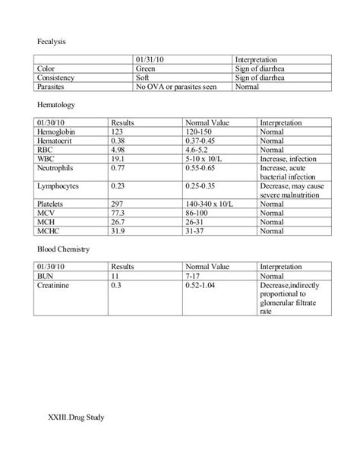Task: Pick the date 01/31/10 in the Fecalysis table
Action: [x=150, y=59]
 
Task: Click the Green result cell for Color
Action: [x=146, y=68]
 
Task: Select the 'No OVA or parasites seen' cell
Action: [x=176, y=87]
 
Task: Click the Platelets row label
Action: [x=52, y=205]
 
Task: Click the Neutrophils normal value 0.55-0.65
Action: [x=204, y=169]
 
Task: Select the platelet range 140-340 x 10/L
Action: [x=214, y=205]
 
